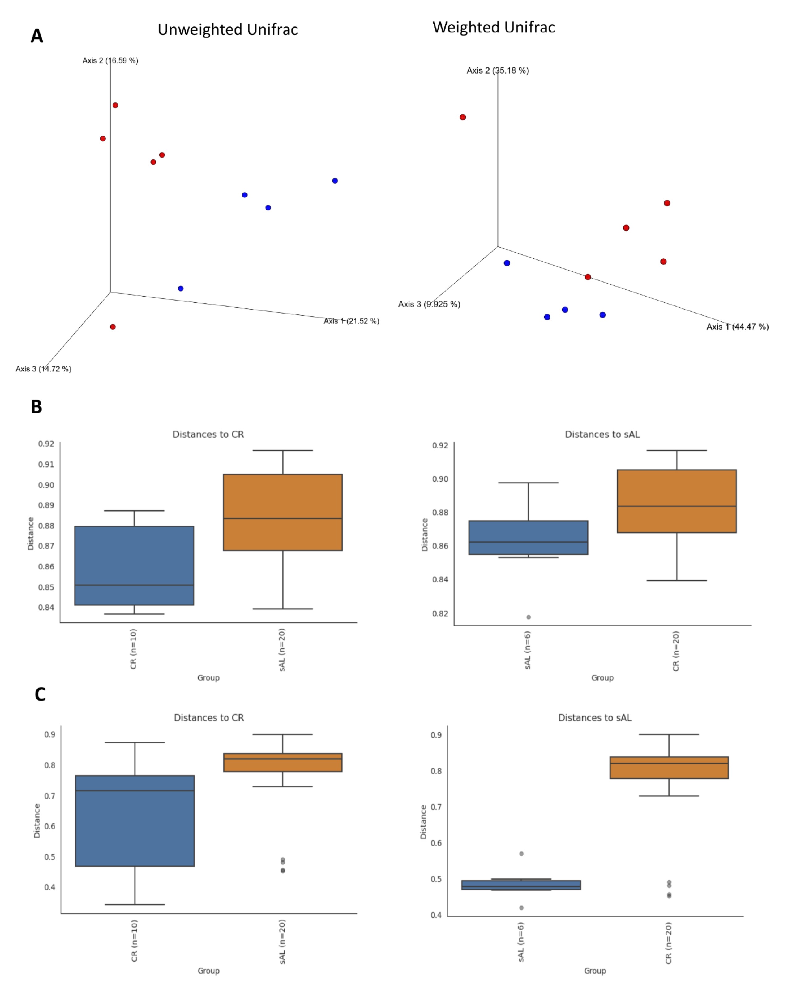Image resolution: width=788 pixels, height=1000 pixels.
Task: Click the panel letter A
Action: point(37,36)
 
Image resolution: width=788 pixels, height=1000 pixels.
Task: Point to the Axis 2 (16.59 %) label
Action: point(110,60)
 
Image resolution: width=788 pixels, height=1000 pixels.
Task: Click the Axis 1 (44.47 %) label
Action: point(737,327)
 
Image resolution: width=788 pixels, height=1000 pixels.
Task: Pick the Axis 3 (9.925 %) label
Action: point(429,304)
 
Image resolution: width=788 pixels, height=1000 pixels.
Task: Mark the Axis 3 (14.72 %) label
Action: point(43,369)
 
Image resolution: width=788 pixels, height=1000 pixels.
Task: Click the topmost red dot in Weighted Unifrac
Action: point(463,117)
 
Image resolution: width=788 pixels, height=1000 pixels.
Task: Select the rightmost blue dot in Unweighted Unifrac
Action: point(335,180)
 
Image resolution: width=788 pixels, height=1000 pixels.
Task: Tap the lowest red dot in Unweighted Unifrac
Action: point(113,327)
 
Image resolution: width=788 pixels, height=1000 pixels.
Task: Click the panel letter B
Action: point(36,407)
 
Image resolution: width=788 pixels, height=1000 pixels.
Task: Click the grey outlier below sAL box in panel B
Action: point(529,617)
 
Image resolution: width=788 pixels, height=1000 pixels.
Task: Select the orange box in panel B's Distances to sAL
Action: point(677,501)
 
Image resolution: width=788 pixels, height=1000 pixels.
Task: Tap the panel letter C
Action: point(40,695)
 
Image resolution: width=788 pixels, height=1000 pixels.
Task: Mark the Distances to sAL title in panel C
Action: point(595,718)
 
